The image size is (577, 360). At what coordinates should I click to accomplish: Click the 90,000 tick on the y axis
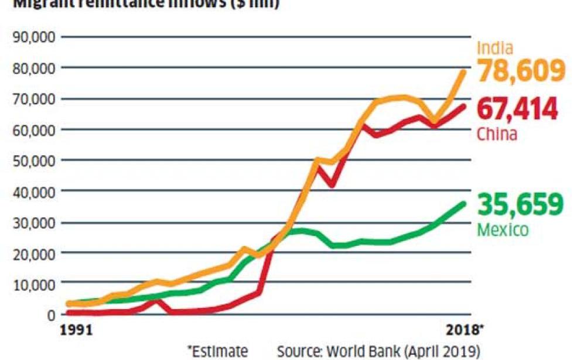tap(35, 37)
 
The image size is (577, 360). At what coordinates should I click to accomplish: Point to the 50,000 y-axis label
tap(35, 160)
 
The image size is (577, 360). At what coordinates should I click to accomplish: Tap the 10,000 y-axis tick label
tap(35, 284)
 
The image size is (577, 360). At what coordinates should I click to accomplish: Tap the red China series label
tap(497, 135)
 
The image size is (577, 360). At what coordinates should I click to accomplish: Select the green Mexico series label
tap(503, 229)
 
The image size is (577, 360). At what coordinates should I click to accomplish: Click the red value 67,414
tap(517, 109)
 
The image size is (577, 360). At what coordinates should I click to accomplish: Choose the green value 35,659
tap(521, 204)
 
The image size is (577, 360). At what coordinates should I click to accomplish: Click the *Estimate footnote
tap(217, 351)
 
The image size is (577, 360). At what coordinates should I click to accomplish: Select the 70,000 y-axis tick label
tap(35, 98)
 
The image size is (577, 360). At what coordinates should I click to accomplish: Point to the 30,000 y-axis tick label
tap(35, 222)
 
